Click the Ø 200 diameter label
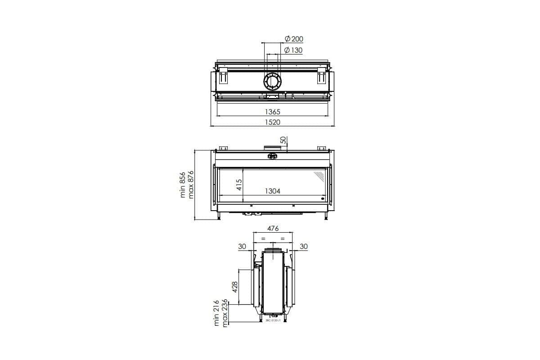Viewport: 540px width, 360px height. (x=294, y=39)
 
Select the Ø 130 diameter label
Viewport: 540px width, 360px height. (x=293, y=50)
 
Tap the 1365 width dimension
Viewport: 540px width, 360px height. (x=272, y=112)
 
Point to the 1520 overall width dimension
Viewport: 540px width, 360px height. (x=272, y=122)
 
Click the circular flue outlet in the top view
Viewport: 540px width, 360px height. (x=273, y=82)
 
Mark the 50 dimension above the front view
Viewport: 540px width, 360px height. (x=283, y=140)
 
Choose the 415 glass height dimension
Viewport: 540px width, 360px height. (x=239, y=185)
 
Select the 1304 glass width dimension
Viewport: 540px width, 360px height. (x=272, y=191)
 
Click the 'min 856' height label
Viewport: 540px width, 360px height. (x=183, y=184)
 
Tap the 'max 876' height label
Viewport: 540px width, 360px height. (x=191, y=184)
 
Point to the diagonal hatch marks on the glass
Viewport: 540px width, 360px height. (x=319, y=174)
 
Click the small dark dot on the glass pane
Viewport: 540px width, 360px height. (x=322, y=198)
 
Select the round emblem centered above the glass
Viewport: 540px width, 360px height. (x=272, y=156)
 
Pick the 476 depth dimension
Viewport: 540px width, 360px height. (x=273, y=229)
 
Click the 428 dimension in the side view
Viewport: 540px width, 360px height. (x=234, y=287)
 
